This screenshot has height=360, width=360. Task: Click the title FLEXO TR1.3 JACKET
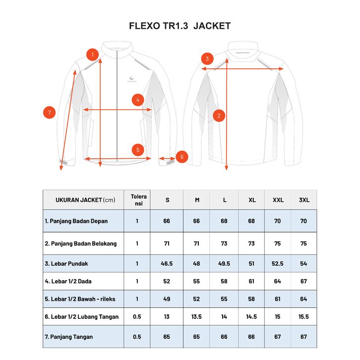point(180,26)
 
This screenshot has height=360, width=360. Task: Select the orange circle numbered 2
point(220,116)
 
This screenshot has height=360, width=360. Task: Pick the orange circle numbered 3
point(208,59)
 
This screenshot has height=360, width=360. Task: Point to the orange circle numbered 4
point(138,100)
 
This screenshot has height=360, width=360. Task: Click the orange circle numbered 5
point(138,149)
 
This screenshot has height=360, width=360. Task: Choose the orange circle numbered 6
point(181,157)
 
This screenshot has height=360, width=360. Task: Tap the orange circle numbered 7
point(49,113)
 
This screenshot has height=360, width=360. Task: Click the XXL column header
point(278,200)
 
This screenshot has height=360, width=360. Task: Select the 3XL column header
point(304,200)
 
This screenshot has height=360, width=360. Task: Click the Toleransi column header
point(137,200)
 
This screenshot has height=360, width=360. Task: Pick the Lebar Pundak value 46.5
point(167,264)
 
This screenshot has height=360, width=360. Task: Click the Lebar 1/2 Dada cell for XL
point(251,281)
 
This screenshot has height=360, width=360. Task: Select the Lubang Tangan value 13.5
point(197,316)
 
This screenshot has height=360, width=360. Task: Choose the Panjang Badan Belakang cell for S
point(167,243)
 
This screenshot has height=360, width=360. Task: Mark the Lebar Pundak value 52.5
point(278,264)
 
